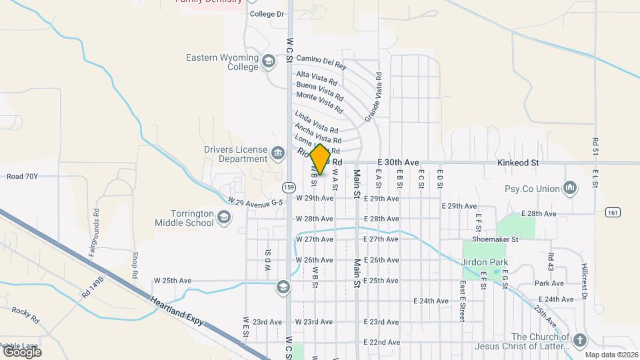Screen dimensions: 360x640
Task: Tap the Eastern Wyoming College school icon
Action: [x=269, y=62]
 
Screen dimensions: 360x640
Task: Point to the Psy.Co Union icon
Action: [x=570, y=189]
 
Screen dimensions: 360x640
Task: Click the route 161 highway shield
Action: [x=613, y=212]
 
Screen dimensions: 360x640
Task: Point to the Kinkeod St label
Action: [x=517, y=163]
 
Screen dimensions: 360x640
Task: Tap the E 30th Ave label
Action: [x=398, y=163]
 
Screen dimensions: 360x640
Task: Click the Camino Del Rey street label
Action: [x=321, y=63]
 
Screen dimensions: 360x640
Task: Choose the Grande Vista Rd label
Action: [x=373, y=97]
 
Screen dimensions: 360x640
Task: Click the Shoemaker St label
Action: [x=495, y=239]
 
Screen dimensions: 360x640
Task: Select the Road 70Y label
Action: [x=23, y=177]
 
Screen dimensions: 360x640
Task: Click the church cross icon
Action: [x=579, y=341]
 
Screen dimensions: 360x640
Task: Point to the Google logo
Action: [x=22, y=352]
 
